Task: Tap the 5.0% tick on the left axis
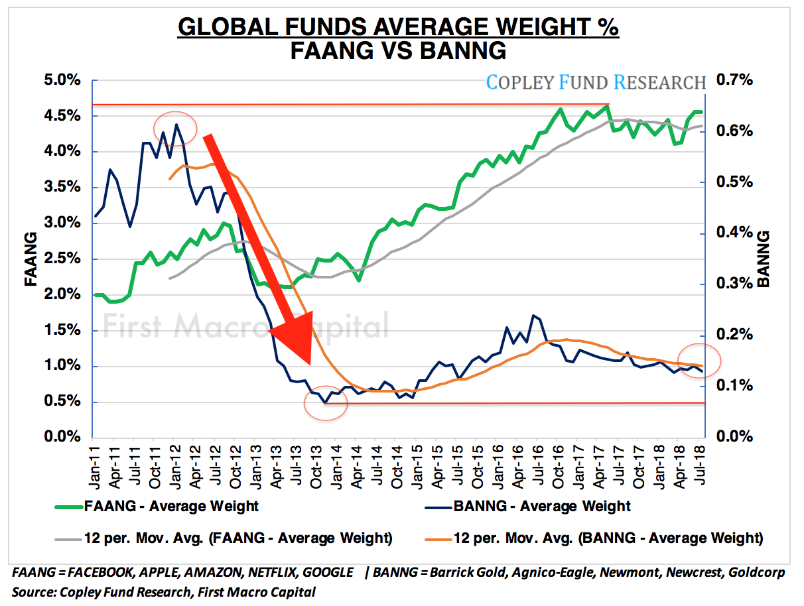pos(62,81)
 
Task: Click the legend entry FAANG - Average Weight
pos(171,507)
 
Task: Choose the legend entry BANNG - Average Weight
pos(542,507)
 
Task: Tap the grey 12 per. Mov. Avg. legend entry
pos(238,538)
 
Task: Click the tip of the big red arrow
pos(309,363)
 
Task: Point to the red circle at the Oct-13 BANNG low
pos(326,402)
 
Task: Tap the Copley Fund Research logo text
pos(596,82)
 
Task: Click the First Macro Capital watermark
pos(245,326)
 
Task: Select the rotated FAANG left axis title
pos(31,259)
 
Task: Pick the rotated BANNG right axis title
pos(764,259)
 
